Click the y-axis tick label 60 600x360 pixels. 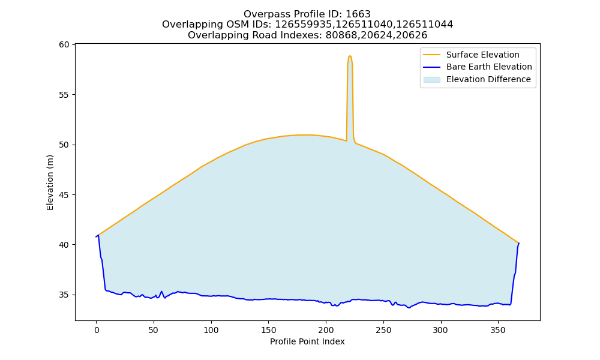[64, 45]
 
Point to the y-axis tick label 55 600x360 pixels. [64, 95]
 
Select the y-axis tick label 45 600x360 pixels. [64, 195]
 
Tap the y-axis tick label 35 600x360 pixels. [64, 295]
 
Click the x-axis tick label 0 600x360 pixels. [97, 330]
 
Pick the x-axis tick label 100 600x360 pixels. [211, 330]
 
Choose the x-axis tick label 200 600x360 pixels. [326, 330]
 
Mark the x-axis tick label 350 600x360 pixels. [498, 330]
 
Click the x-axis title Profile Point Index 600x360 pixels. [307, 341]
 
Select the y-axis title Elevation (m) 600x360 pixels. [50, 182]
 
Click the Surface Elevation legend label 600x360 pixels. [482, 55]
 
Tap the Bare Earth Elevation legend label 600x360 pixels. [489, 67]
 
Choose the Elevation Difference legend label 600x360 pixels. [488, 79]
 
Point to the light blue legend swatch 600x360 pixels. [431, 80]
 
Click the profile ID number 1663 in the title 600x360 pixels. [358, 14]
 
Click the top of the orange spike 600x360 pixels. [350, 56]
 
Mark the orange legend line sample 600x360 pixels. [431, 55]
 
